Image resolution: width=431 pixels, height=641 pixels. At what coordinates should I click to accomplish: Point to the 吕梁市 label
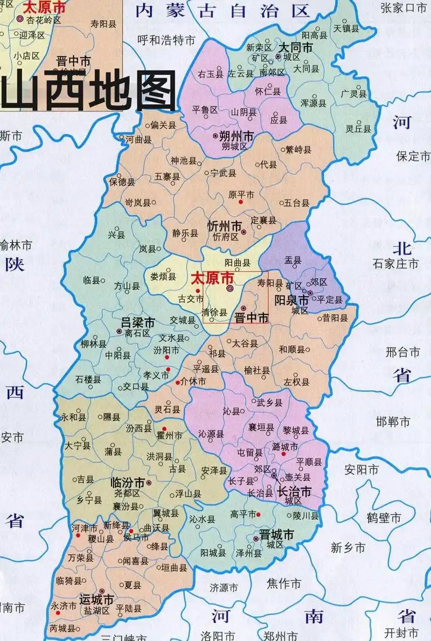coord(137,322)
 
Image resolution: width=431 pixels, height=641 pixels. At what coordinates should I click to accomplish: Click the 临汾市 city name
coord(127,482)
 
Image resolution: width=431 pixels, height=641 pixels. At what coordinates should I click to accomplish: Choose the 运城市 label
coord(96,599)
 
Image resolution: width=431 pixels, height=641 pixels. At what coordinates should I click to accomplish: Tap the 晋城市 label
coord(276,534)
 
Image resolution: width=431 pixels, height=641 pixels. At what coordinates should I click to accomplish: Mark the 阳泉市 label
coord(291,299)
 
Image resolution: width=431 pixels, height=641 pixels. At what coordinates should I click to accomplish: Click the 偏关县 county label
coord(164,125)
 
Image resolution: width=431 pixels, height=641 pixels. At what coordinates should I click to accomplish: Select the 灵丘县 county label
coord(358,129)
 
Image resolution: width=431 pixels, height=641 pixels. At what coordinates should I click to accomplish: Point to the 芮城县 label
coord(62,628)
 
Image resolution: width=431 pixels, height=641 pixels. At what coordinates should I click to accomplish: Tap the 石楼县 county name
coord(88,379)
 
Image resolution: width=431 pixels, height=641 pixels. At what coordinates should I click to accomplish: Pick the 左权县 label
coord(297,382)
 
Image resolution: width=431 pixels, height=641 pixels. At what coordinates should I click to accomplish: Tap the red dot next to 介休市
coord(178,382)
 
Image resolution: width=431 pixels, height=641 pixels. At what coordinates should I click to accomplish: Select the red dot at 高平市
coord(259,515)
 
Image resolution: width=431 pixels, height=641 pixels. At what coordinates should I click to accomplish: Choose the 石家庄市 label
coord(395,264)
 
